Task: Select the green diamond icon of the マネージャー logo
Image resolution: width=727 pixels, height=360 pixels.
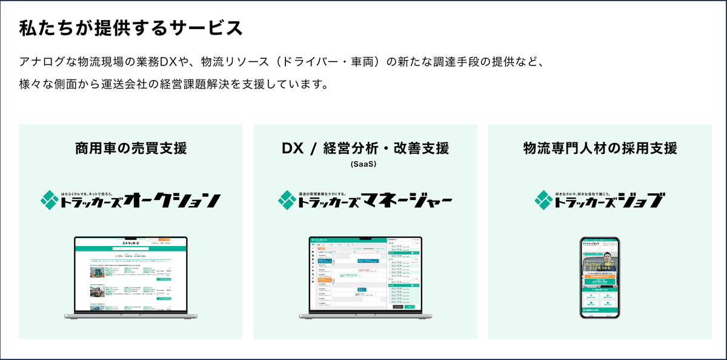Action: coord(287,199)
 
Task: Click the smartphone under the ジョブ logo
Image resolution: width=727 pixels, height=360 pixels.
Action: coord(600,278)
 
